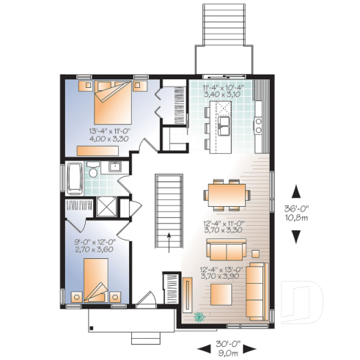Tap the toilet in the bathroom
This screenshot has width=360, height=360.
94,173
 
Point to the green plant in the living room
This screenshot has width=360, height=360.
199,317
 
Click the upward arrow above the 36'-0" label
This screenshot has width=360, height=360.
295,191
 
